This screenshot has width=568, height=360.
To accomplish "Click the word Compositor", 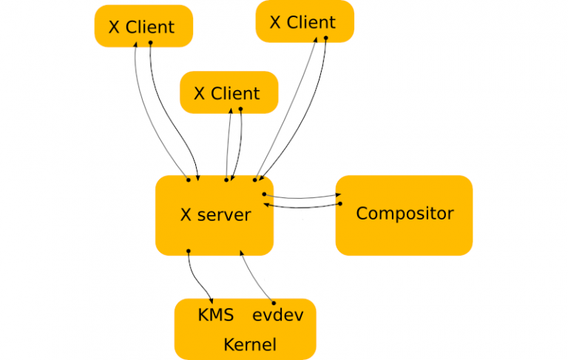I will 405,214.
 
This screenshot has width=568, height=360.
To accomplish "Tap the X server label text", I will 216,216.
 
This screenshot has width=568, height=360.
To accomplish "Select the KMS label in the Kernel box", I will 216,315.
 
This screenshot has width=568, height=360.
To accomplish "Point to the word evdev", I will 278,315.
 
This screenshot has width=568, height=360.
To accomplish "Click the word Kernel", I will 249,344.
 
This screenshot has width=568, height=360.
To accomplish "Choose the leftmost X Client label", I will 142,27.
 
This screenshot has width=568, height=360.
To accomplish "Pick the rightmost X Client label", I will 302,22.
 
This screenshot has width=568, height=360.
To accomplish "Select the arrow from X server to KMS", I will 197,278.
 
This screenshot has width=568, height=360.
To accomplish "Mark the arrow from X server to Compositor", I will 303,197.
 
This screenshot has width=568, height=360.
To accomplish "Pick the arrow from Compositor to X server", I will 303,207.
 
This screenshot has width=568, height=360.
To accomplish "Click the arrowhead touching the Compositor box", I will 339,196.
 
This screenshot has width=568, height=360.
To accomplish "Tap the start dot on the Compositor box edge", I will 341,203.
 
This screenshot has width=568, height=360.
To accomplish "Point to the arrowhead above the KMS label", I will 214,299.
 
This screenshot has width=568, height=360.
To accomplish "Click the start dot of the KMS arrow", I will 189,251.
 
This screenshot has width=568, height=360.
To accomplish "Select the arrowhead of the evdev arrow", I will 240,254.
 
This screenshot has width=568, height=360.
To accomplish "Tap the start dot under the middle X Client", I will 241,109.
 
